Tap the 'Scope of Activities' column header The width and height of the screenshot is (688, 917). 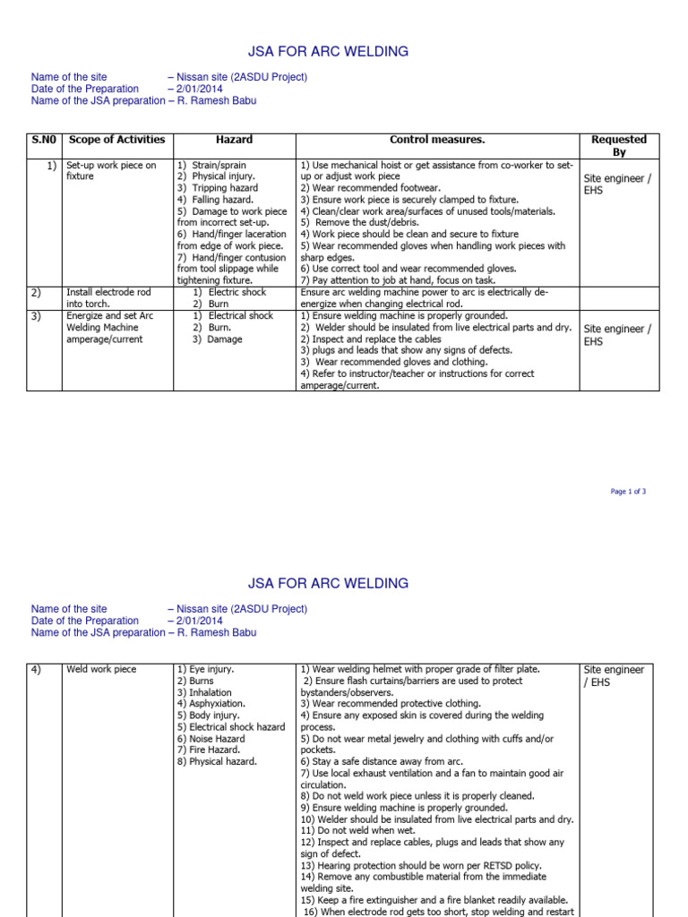tap(116, 140)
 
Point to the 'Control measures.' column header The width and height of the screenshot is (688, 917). tap(436, 140)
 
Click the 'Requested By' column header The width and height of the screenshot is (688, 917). tap(618, 146)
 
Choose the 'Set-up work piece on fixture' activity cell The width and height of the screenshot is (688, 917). tap(110, 171)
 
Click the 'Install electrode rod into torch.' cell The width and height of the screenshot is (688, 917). tap(108, 298)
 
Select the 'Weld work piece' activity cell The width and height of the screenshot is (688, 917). tap(100, 670)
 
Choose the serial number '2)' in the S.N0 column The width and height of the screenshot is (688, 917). tap(37, 292)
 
